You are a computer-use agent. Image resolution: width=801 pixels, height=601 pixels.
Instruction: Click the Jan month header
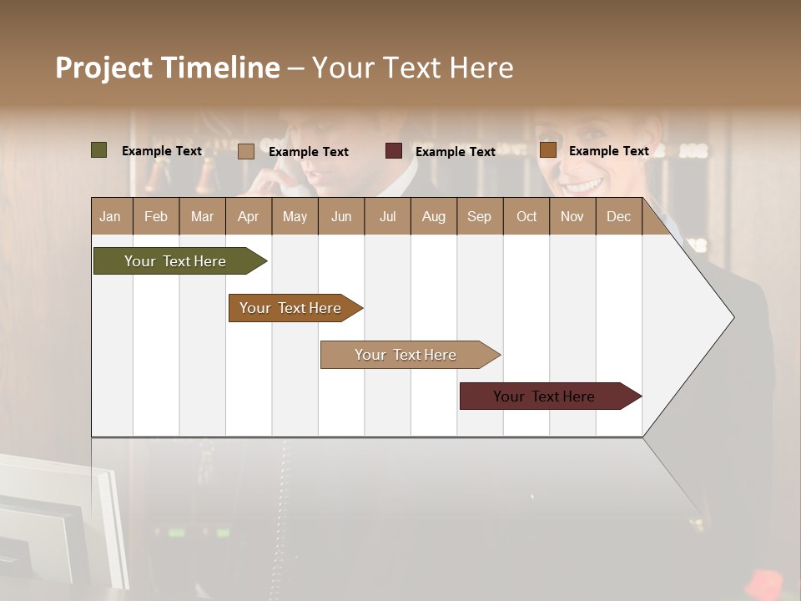(110, 217)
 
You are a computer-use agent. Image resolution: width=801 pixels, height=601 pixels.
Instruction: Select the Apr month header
(249, 217)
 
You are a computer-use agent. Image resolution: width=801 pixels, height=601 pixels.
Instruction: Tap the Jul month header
(388, 217)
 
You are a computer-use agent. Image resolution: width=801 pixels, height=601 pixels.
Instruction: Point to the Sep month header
(480, 217)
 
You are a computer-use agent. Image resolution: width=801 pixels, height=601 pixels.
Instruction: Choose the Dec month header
(619, 217)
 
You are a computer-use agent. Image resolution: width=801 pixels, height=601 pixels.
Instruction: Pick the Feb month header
(156, 217)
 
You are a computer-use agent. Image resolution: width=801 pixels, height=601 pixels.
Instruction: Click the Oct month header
(526, 217)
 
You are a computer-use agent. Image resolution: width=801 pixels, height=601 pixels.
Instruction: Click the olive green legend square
(99, 150)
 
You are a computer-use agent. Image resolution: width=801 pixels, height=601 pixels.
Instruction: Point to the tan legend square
(246, 151)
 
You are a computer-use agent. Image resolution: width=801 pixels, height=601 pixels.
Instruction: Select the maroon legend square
(394, 151)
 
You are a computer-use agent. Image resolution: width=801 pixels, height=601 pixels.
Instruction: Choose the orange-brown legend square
(547, 150)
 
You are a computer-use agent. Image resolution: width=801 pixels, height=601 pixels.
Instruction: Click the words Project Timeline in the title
(168, 68)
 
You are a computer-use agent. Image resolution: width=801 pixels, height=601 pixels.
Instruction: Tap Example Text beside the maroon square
(456, 152)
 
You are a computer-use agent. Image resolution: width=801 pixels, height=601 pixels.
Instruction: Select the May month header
(295, 217)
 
